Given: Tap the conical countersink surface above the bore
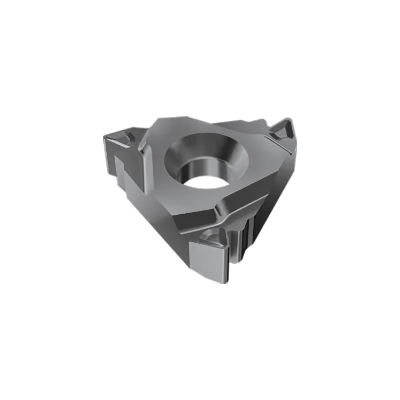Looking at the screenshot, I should pos(207,146).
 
